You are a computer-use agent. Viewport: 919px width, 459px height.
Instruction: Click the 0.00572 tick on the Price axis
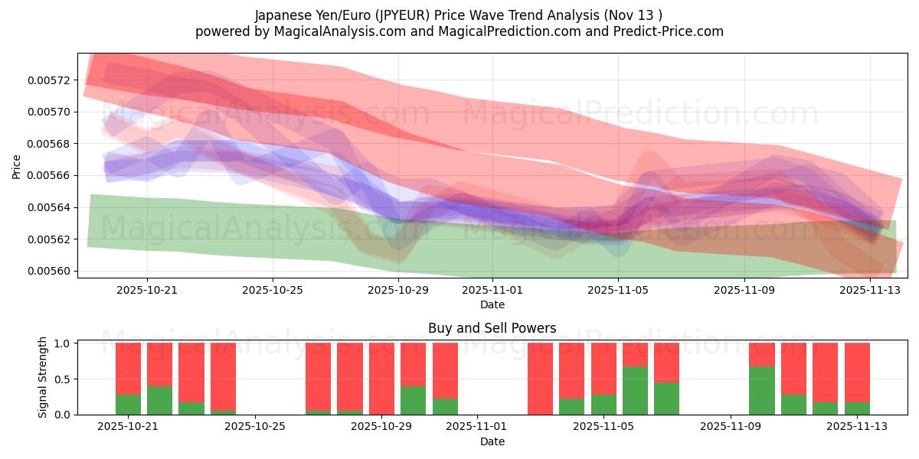(52, 80)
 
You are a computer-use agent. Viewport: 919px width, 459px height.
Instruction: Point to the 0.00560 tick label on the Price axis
(52, 271)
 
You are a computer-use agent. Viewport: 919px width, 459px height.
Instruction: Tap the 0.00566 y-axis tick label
(52, 175)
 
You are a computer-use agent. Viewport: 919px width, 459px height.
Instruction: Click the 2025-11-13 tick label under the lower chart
(857, 427)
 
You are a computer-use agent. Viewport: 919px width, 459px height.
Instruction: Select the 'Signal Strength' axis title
(43, 377)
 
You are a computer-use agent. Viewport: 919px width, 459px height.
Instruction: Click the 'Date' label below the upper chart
(492, 304)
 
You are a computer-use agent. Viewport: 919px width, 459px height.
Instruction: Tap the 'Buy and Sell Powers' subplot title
(492, 329)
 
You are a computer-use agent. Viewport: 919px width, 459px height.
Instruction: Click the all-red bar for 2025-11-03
(540, 379)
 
